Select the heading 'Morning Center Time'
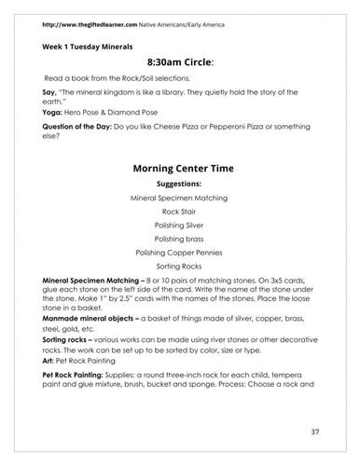click(x=180, y=169)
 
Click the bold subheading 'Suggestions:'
click(x=180, y=185)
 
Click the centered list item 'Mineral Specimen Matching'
click(x=180, y=199)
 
